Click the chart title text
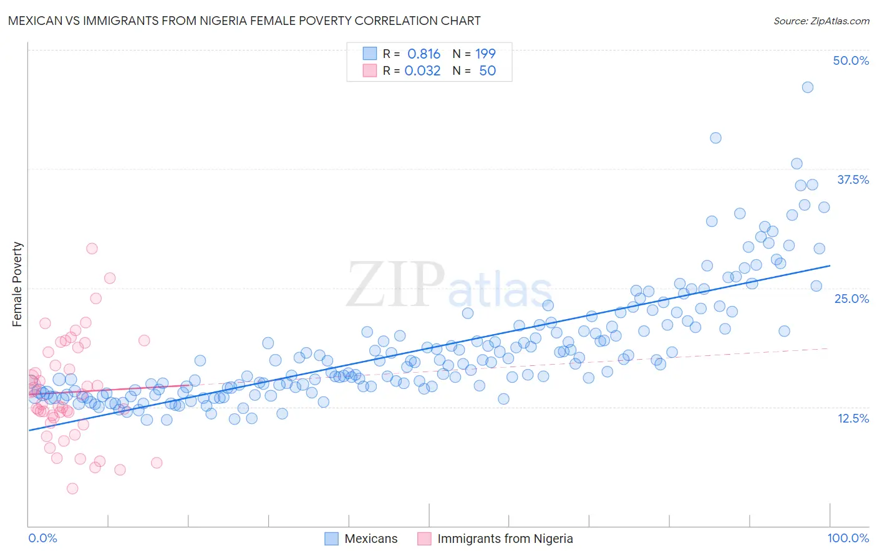click(244, 21)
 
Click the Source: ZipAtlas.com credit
click(821, 21)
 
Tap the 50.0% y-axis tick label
click(851, 60)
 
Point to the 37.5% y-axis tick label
click(853, 180)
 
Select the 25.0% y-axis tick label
click(851, 299)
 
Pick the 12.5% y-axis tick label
click(853, 418)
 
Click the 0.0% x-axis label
click(42, 538)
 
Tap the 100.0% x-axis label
click(848, 538)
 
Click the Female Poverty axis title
click(17, 284)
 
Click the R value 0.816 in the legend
click(424, 54)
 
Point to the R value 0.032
click(422, 70)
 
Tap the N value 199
click(485, 54)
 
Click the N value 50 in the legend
click(487, 70)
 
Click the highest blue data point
click(807, 87)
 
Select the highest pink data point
click(92, 248)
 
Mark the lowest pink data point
click(72, 488)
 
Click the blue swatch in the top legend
click(370, 54)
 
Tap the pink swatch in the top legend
click(370, 70)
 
